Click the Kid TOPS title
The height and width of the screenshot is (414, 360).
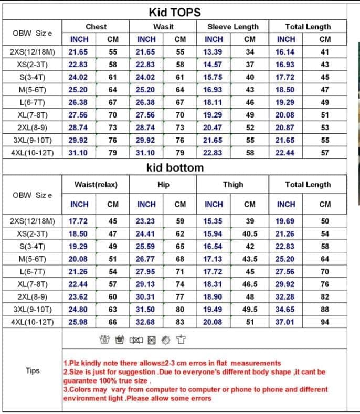tap(174, 12)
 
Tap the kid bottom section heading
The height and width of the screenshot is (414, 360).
tap(174, 168)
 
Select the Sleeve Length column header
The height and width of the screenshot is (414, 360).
tap(232, 26)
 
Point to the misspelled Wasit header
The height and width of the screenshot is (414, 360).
tap(163, 26)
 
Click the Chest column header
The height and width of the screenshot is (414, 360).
tap(96, 26)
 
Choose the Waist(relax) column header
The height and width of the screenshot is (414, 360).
tap(96, 184)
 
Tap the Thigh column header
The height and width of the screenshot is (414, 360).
tap(232, 184)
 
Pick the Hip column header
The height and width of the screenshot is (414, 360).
tap(163, 184)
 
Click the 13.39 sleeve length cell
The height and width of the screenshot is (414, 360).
tap(214, 52)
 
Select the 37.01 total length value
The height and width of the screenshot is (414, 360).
tap(286, 322)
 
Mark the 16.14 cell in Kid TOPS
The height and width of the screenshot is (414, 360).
tap(286, 52)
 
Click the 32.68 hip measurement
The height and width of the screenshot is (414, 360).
tap(146, 322)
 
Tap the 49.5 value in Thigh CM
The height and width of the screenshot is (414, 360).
tap(250, 309)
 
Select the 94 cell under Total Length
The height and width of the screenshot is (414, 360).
tap(325, 322)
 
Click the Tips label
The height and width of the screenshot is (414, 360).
tap(33, 370)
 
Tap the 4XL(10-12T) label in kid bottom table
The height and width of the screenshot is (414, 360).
tap(33, 322)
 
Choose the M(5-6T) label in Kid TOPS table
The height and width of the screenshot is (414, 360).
tap(33, 90)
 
